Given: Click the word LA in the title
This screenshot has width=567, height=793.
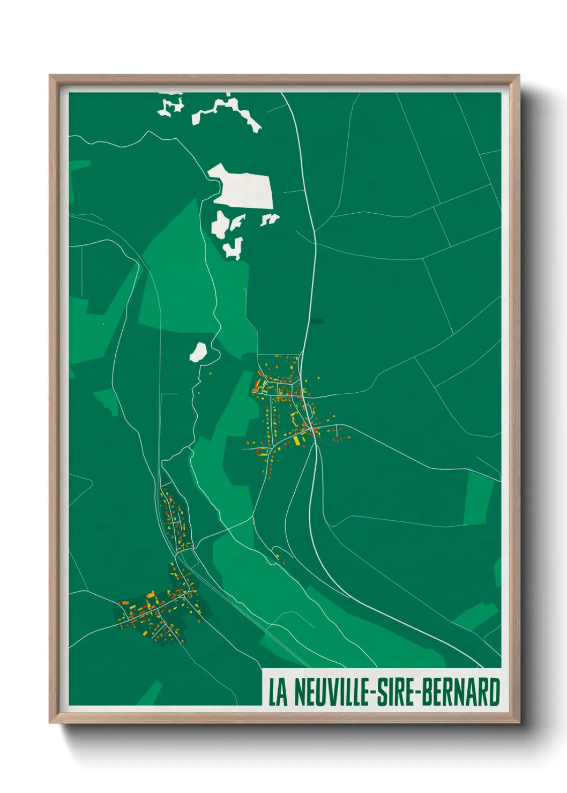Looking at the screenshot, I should point(278,692).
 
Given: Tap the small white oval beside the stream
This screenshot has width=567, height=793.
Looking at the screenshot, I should point(198,352).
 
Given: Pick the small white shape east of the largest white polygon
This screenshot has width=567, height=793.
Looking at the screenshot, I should point(269,219).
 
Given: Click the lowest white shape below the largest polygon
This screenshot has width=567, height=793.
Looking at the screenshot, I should point(234,249).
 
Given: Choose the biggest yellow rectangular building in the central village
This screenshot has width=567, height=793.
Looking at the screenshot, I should point(296,440).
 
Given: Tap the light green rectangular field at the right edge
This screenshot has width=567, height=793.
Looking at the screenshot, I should point(478,498).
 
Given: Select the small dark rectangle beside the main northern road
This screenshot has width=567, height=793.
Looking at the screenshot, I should point(318,321).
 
